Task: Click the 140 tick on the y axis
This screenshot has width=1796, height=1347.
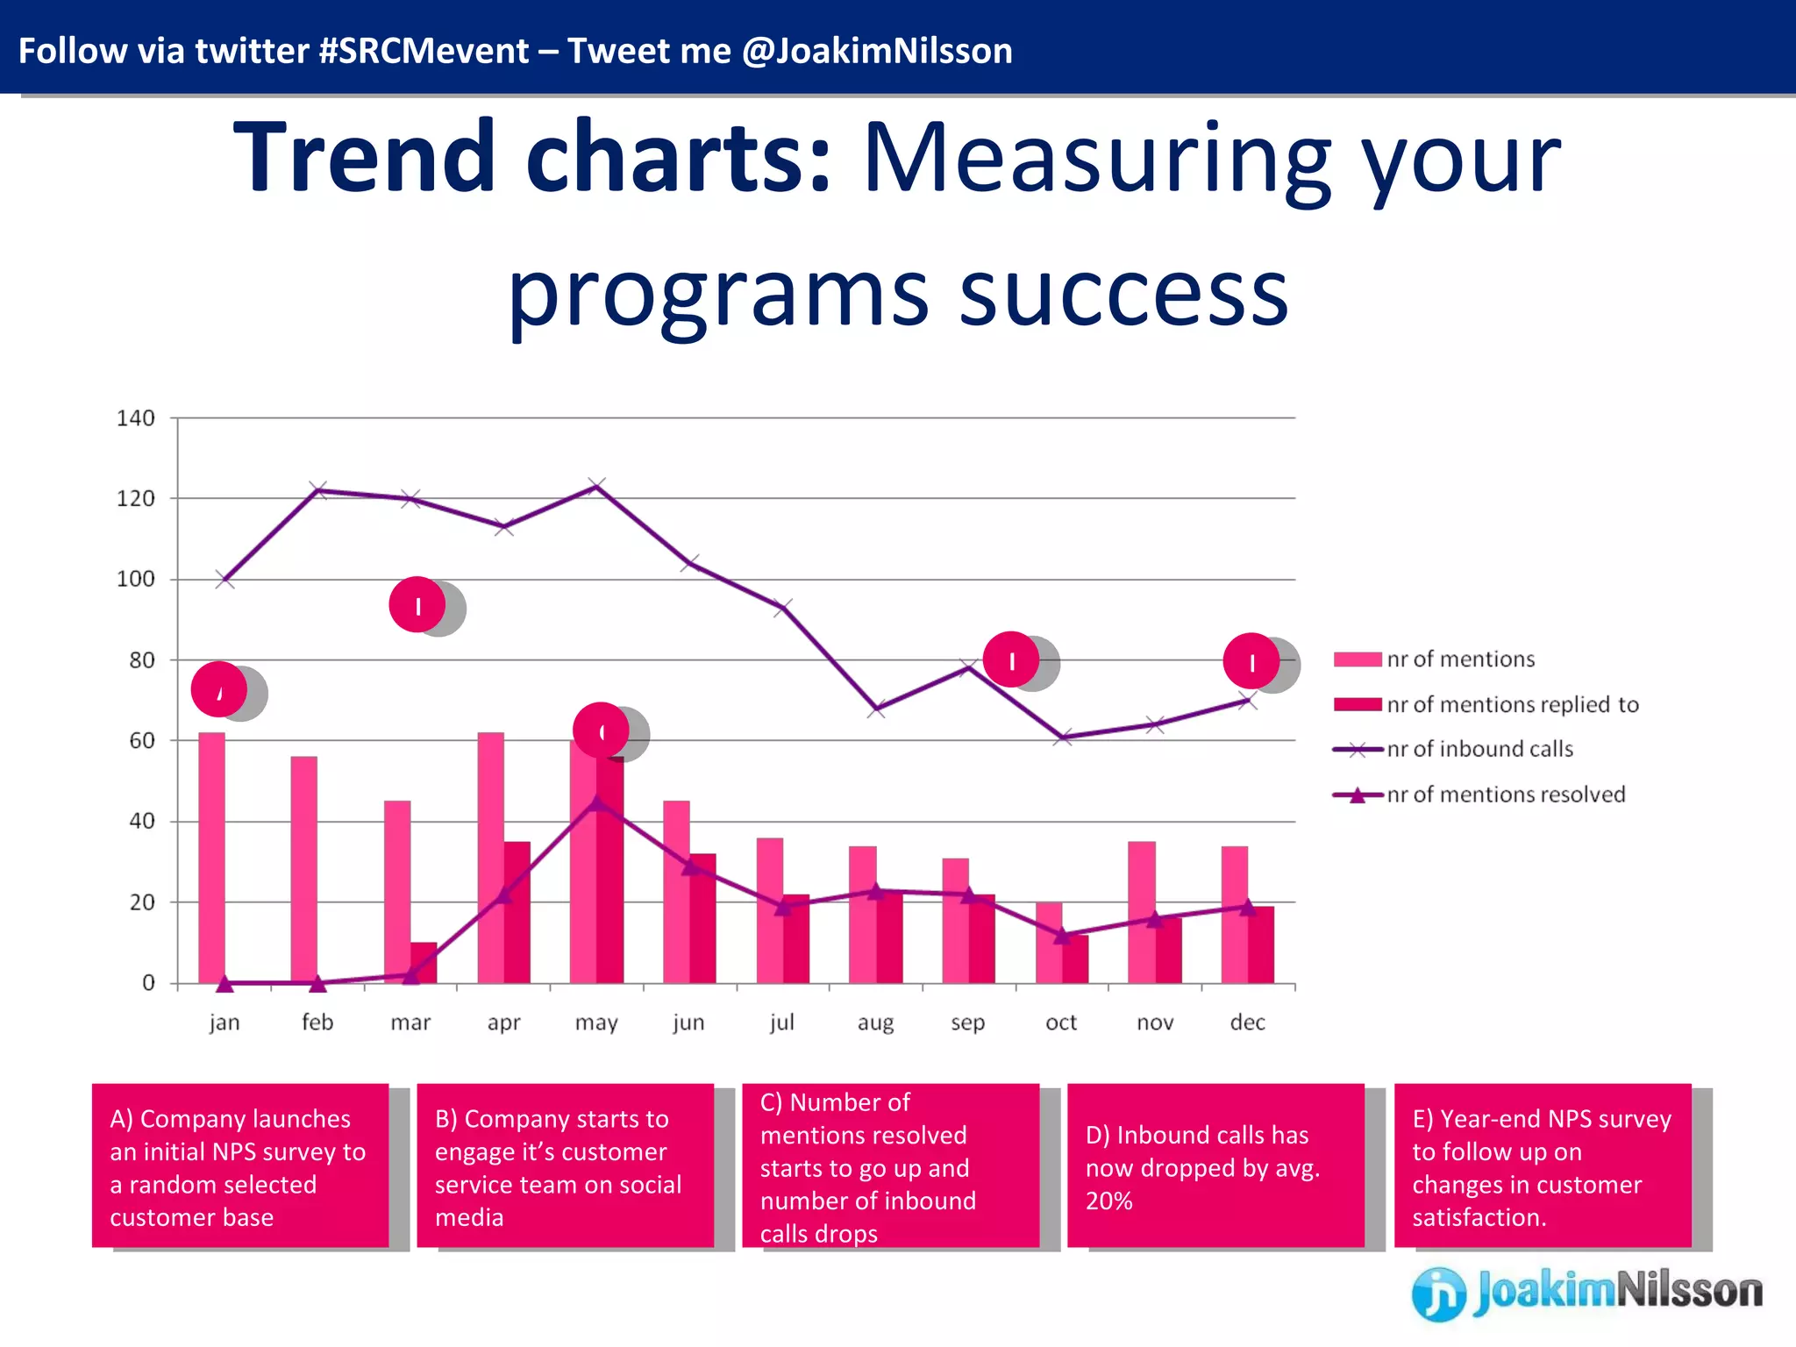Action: point(136,418)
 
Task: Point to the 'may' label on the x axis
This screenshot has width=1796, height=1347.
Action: point(596,1023)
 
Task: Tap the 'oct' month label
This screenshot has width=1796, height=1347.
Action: point(1061,1023)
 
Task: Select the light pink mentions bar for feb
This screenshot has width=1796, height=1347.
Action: point(303,868)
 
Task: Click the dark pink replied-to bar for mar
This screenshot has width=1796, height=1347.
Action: point(424,962)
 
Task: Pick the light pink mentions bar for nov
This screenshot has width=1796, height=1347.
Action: point(1141,912)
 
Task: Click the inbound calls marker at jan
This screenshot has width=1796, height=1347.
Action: point(224,580)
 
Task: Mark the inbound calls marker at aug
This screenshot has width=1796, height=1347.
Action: point(875,709)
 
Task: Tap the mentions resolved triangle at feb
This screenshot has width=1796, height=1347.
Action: point(317,984)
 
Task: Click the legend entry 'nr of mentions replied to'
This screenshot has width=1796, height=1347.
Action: point(1512,704)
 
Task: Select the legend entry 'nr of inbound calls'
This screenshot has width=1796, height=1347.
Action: point(1479,749)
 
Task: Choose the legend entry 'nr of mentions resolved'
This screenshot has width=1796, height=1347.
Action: point(1505,795)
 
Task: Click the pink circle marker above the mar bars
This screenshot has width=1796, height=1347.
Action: point(417,605)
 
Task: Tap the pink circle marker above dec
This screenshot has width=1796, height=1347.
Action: point(1251,661)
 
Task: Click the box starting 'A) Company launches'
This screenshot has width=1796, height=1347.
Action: point(240,1166)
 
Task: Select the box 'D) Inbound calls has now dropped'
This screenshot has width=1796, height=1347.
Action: point(1215,1166)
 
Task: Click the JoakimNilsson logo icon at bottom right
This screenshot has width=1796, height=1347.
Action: point(1438,1293)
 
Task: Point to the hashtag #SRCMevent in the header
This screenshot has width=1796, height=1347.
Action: point(424,51)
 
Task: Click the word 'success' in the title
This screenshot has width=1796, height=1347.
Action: point(1123,294)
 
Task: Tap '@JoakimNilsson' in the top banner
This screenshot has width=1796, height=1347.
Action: point(877,51)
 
